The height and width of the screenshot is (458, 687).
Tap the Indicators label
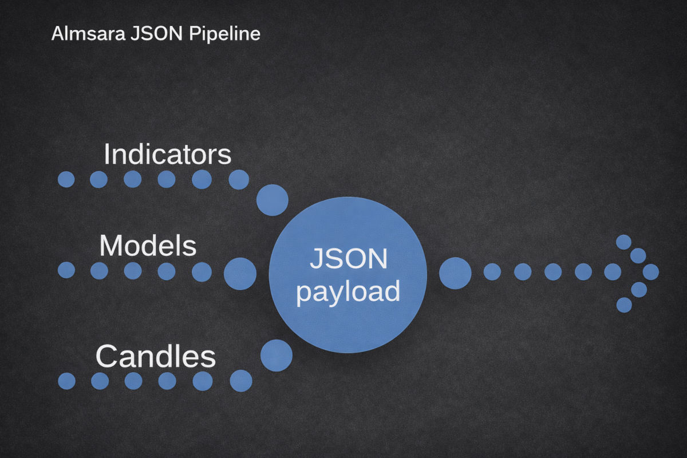point(168,154)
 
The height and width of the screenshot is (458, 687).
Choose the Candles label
point(156,356)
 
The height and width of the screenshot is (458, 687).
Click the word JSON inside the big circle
point(348,259)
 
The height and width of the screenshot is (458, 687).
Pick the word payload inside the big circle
point(348,291)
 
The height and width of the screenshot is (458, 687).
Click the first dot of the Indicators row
point(66,179)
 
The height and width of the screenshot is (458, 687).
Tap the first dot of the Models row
point(66,270)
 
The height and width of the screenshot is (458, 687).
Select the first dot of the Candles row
point(66,381)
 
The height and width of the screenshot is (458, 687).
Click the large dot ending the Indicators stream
point(272,200)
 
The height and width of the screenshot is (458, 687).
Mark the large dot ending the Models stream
point(240,273)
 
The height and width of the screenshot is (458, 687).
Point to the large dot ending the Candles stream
point(276,355)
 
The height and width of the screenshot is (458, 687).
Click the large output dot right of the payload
point(455,273)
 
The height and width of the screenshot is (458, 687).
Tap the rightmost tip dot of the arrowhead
point(651,272)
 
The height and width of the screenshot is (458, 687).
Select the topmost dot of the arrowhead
point(623,242)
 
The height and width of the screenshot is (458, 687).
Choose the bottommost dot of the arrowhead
point(624,305)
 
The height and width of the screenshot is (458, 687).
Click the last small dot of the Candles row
point(240,381)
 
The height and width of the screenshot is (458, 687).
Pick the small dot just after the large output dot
point(492,272)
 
